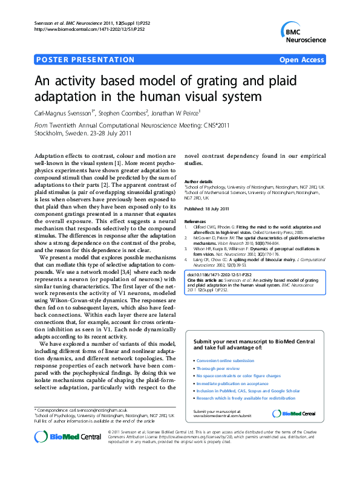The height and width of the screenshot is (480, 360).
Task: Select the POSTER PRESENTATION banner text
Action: tap(85, 60)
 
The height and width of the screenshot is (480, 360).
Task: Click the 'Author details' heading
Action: tap(198, 181)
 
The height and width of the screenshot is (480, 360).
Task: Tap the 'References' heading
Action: tap(195, 222)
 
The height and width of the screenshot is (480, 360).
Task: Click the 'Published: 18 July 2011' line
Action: tap(207, 209)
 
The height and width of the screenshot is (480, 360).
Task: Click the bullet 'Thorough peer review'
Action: tap(218, 368)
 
